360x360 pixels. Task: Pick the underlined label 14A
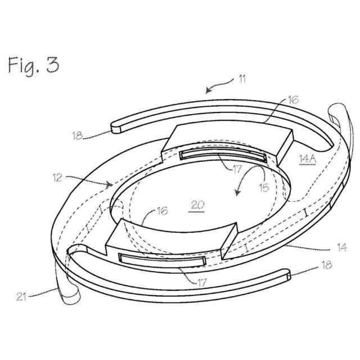[x=308, y=159]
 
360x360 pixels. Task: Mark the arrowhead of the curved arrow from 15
[x=237, y=195]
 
